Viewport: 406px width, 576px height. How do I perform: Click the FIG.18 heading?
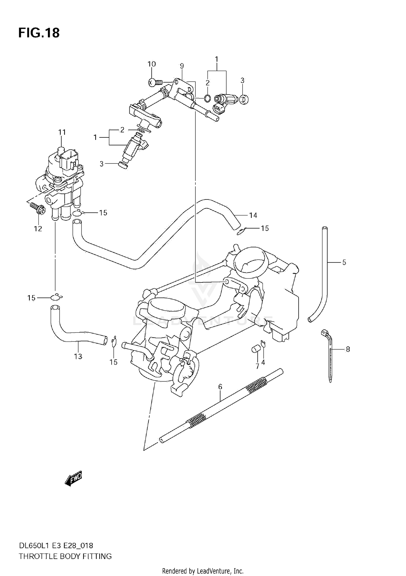point(39,33)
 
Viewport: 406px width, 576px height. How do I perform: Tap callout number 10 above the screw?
point(152,64)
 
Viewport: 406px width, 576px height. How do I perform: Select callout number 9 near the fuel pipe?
point(182,66)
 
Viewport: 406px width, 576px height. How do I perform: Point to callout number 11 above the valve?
point(62,132)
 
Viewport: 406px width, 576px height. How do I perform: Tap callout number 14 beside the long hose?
point(253,215)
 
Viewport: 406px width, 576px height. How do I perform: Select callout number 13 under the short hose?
point(78,356)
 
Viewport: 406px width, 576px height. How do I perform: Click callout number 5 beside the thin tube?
point(344,262)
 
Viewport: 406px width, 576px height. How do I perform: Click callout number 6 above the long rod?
point(220,387)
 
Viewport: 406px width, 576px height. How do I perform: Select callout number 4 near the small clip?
point(263,362)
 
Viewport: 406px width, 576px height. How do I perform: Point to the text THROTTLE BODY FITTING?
point(65,556)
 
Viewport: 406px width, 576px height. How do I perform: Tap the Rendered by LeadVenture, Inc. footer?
point(203,571)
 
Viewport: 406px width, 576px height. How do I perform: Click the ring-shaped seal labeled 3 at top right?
point(244,99)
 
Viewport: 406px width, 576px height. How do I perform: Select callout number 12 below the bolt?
point(38,229)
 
